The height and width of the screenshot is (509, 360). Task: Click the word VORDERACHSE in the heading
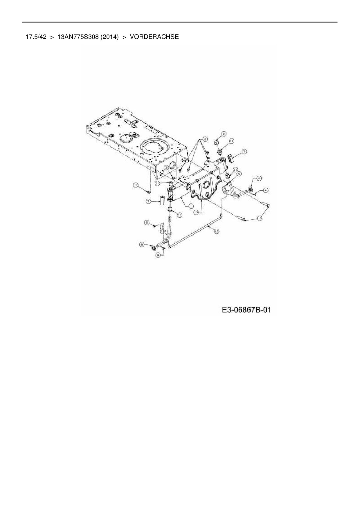click(x=154, y=37)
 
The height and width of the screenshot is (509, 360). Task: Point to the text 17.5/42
click(x=36, y=37)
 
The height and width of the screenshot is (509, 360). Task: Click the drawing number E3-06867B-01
click(x=246, y=310)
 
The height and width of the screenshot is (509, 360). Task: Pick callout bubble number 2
click(x=205, y=139)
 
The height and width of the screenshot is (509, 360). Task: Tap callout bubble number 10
click(x=260, y=218)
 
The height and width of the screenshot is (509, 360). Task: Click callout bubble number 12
click(x=217, y=231)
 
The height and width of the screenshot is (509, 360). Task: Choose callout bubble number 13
click(x=196, y=212)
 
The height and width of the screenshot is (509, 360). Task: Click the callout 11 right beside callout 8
click(x=231, y=141)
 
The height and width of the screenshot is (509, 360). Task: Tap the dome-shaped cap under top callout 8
click(x=217, y=142)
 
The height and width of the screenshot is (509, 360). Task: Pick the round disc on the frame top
click(x=126, y=138)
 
